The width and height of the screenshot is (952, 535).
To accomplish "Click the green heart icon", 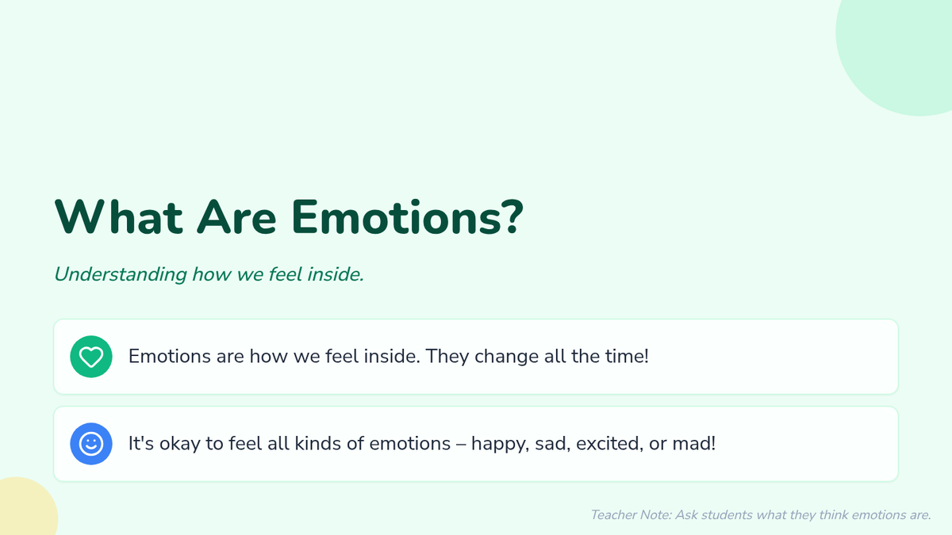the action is [91, 357].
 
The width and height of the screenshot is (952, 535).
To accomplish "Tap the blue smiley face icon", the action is [91, 444].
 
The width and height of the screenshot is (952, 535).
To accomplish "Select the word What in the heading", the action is [119, 217].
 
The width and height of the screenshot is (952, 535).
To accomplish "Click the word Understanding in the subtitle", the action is [121, 275].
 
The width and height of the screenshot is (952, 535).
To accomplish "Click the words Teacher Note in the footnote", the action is [631, 515].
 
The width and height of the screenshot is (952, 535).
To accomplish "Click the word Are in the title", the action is [236, 217].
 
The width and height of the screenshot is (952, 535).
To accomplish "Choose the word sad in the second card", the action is [552, 444].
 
